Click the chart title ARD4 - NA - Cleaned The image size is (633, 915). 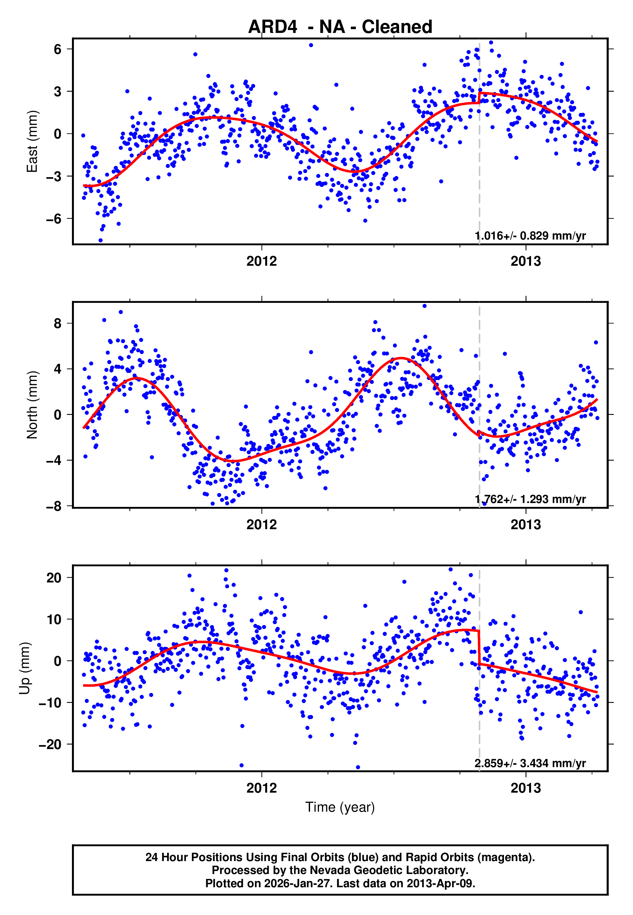(x=340, y=27)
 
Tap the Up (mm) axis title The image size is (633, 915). (x=25, y=668)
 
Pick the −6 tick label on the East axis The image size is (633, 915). (x=54, y=219)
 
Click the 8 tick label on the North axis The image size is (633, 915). (x=58, y=324)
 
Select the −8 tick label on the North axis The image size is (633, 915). (x=54, y=506)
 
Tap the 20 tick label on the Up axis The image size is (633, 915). (x=54, y=578)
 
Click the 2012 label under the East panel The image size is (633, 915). (x=261, y=261)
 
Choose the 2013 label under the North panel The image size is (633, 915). (x=526, y=525)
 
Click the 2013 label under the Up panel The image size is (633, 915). (x=526, y=788)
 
